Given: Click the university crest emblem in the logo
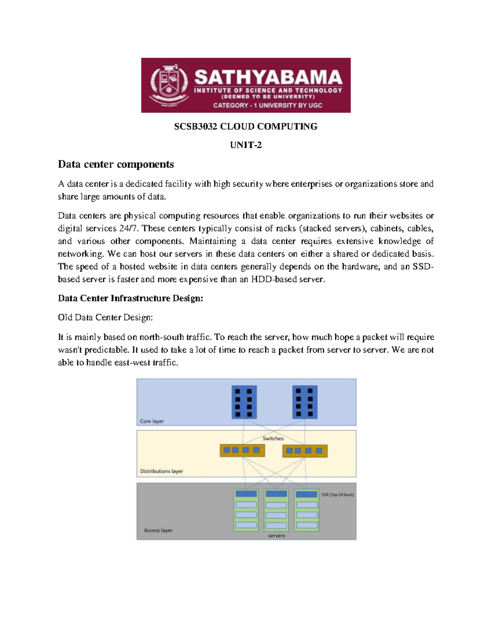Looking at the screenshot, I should click(169, 85).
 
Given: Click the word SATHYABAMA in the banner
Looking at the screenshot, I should click(268, 78).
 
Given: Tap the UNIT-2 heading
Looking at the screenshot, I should click(246, 145).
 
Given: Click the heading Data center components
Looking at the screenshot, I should click(116, 164).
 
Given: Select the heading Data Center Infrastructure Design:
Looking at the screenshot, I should click(130, 298).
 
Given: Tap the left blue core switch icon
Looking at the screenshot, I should click(244, 401).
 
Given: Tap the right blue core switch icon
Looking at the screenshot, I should click(305, 401).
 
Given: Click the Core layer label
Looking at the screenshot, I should click(152, 421).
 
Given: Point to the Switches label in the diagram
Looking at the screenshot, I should click(273, 438).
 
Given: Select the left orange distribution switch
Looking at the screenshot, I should click(242, 450).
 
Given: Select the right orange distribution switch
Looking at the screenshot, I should click(305, 451).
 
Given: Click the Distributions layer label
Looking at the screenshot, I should click(161, 471).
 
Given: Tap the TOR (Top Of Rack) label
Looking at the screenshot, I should click(337, 495).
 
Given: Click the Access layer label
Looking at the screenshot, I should click(158, 530).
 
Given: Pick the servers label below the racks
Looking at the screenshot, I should click(276, 536).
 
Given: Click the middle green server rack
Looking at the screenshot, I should click(276, 510).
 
